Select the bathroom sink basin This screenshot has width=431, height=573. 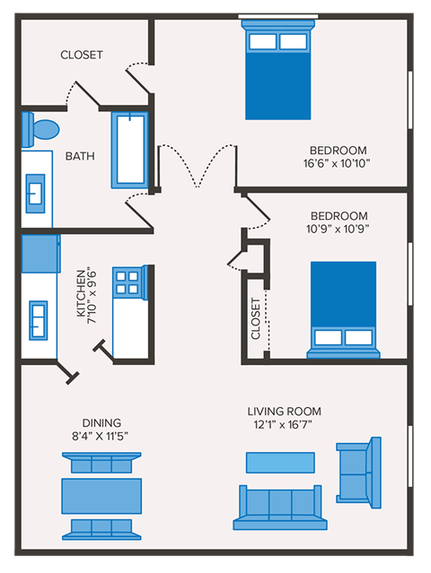pos(38,192)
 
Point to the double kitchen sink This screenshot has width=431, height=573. pos(39,318)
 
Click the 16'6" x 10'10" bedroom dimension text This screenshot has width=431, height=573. pos(339,163)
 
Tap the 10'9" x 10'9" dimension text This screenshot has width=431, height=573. pos(339,229)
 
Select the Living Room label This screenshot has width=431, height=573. pos(284,412)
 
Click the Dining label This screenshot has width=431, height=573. pos(101,423)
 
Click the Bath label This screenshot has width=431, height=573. pos(80,156)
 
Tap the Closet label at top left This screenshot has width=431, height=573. pos(82,55)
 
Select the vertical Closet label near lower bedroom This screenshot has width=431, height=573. pos(256,318)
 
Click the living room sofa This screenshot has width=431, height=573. pos(280,507)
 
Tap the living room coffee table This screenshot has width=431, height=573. pos(280,462)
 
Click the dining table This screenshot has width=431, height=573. pos(101,495)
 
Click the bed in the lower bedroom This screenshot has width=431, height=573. pos(343,309)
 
